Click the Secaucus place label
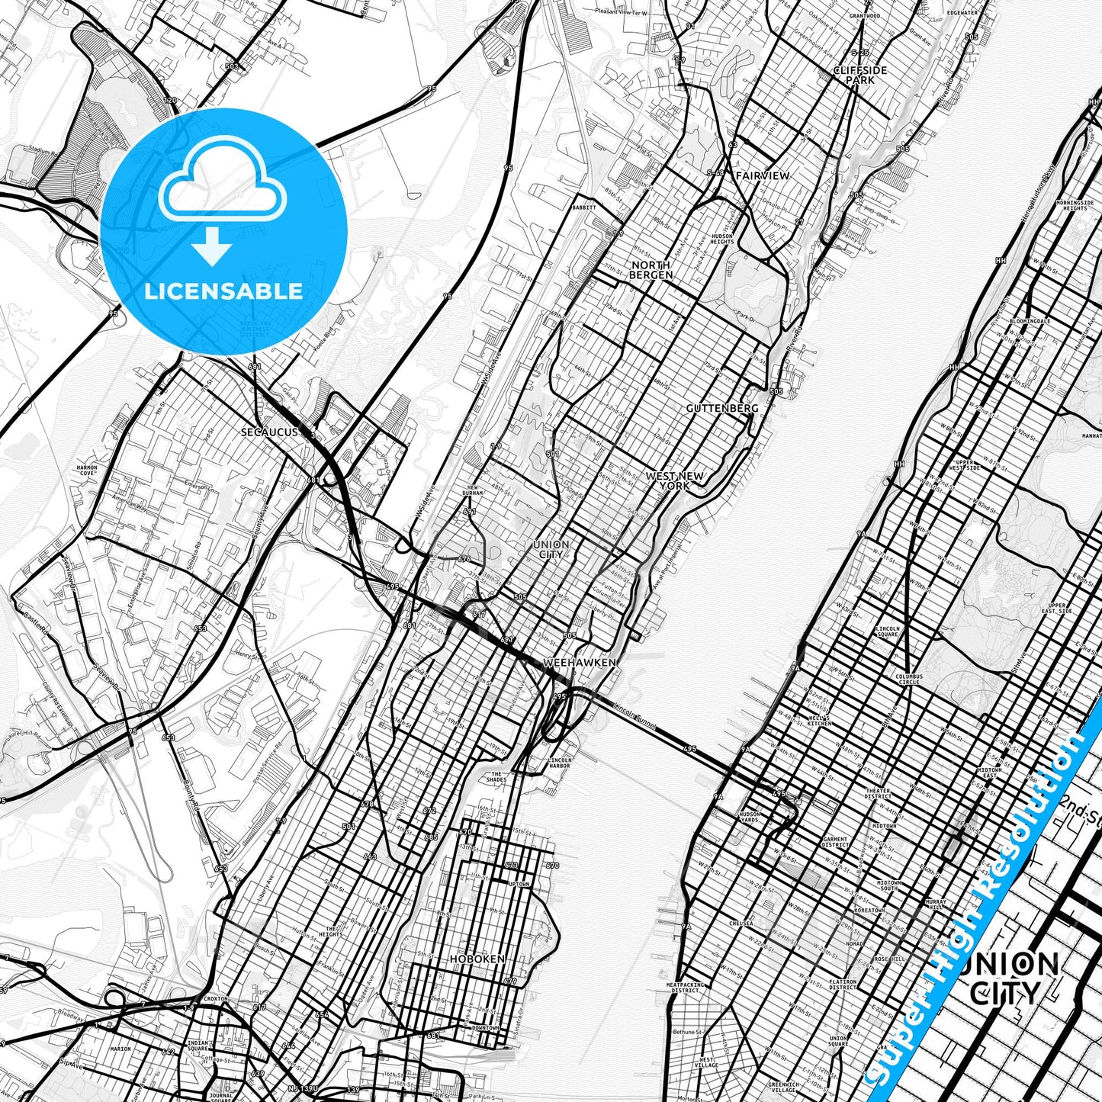click(x=269, y=432)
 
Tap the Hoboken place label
click(x=477, y=959)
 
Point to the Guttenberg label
click(x=721, y=408)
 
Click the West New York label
click(x=674, y=480)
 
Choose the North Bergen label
click(x=651, y=270)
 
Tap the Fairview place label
click(x=762, y=175)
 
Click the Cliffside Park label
click(x=859, y=75)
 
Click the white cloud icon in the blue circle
click(x=223, y=182)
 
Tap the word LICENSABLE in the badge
click(x=223, y=291)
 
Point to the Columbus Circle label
click(x=908, y=679)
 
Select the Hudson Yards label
click(x=749, y=817)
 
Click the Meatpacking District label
click(x=686, y=988)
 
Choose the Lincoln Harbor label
click(x=558, y=763)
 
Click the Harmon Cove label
click(x=87, y=470)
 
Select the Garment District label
click(x=835, y=842)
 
